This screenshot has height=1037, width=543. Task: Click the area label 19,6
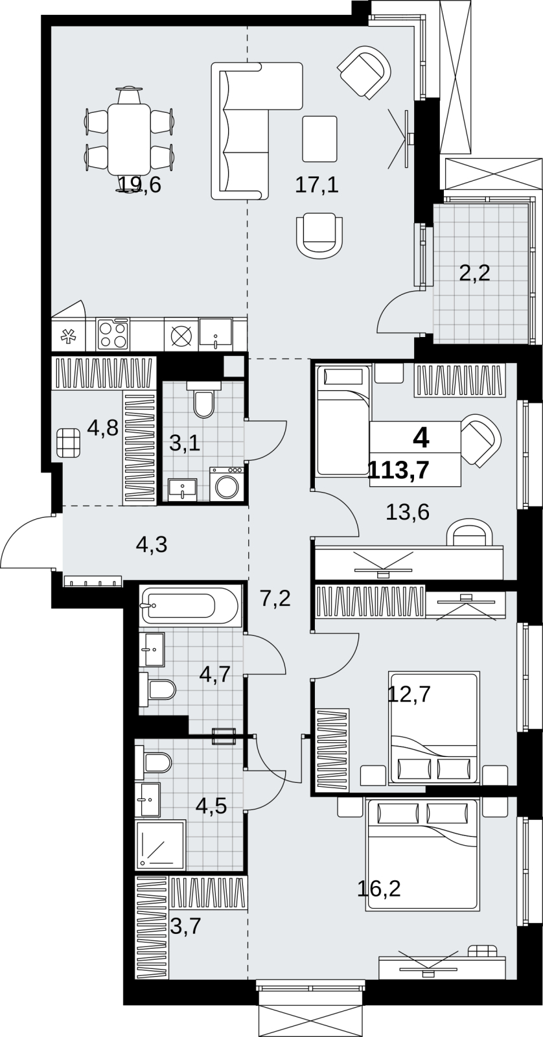[140, 185]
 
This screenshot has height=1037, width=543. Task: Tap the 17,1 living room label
[317, 185]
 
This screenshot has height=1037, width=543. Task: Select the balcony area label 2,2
[474, 274]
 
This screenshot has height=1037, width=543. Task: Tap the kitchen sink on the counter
[216, 332]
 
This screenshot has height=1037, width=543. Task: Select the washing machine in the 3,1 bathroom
[227, 484]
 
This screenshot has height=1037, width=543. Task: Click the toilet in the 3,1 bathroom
[203, 400]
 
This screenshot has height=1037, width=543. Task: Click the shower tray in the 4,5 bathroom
[161, 845]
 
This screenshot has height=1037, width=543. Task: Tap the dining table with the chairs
[129, 139]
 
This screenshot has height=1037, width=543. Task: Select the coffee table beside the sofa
[320, 139]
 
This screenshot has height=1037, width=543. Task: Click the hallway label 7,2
[275, 599]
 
